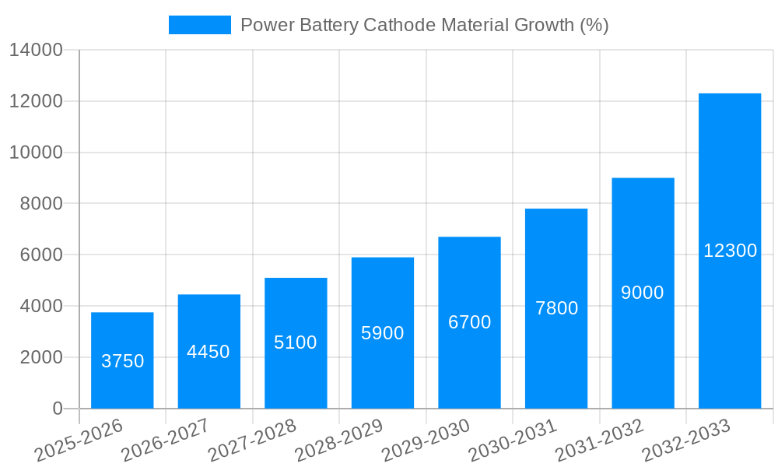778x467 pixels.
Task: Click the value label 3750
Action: [123, 361]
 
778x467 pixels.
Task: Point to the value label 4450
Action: [209, 352]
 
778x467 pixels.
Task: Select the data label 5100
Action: [296, 342]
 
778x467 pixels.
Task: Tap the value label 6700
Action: [469, 322]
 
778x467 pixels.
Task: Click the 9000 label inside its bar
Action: [643, 293]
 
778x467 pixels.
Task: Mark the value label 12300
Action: [730, 251]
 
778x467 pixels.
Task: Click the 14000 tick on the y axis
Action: [36, 51]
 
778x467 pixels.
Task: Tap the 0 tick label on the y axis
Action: [58, 409]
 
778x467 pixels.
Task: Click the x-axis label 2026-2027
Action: [165, 440]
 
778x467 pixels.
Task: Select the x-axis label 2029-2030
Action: [426, 440]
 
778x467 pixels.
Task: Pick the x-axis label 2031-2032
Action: [600, 440]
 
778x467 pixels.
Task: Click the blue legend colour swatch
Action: [200, 25]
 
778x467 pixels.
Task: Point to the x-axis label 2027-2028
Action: [252, 440]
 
